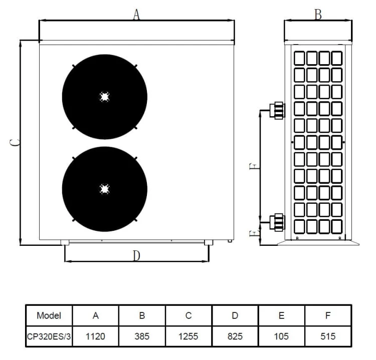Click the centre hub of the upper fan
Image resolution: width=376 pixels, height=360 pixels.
[x=104, y=97]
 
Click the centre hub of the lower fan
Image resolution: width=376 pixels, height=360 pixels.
[x=104, y=189]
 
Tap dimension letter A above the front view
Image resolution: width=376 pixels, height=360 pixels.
[x=136, y=15]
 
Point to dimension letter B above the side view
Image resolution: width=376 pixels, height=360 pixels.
[x=318, y=15]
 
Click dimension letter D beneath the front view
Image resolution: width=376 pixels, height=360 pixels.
[x=136, y=256]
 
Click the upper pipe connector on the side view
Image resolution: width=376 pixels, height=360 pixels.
[x=277, y=110]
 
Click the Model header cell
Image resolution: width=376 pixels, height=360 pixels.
[x=49, y=315]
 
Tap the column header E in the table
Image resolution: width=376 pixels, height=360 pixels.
[x=281, y=315]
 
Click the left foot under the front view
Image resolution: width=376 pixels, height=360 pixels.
[x=65, y=243]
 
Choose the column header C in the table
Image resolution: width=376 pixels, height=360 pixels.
[x=189, y=315]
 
